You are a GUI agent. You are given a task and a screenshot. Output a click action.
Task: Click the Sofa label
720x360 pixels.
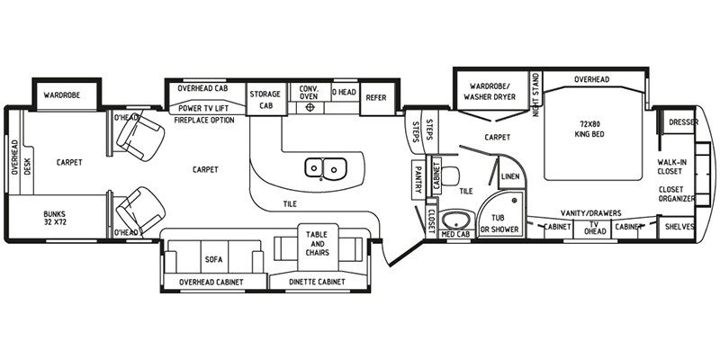tap(213, 259)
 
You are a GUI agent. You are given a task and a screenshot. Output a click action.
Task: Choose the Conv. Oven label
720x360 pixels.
tap(310, 94)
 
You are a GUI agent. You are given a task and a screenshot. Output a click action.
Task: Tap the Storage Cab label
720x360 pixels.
tap(265, 99)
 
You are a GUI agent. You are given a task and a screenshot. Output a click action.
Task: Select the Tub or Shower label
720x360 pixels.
tap(496, 222)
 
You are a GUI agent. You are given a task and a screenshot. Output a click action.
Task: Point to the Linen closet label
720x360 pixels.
tap(510, 177)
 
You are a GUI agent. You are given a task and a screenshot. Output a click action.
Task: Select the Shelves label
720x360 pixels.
tap(679, 228)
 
